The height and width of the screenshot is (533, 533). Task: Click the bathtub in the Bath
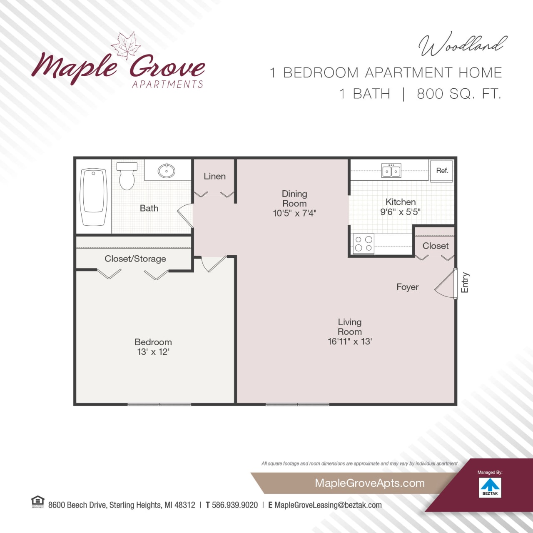coord(93,196)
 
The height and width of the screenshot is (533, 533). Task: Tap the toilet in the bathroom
coord(127,176)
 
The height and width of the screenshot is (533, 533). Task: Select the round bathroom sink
coord(167,171)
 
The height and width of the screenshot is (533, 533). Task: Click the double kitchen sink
coord(391,171)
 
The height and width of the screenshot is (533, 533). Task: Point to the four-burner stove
coord(364,244)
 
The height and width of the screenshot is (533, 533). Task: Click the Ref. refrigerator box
coord(441,171)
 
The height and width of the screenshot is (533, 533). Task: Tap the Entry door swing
coord(446,284)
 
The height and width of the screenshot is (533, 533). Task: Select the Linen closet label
coord(214,177)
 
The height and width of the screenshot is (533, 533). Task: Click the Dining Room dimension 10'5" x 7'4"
coord(294,213)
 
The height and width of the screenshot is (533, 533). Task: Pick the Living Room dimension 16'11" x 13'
coord(350,341)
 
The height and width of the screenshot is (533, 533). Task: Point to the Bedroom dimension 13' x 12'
coord(153,352)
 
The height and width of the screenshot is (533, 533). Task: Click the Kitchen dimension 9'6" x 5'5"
coord(400,212)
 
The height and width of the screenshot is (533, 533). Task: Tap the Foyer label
coord(407,287)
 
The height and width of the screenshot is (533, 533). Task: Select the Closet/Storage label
coord(135,259)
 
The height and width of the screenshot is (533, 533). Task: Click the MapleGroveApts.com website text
coord(370,483)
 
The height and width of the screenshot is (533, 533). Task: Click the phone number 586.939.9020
coord(235,505)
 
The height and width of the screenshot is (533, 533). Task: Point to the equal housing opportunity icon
coord(37,502)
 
